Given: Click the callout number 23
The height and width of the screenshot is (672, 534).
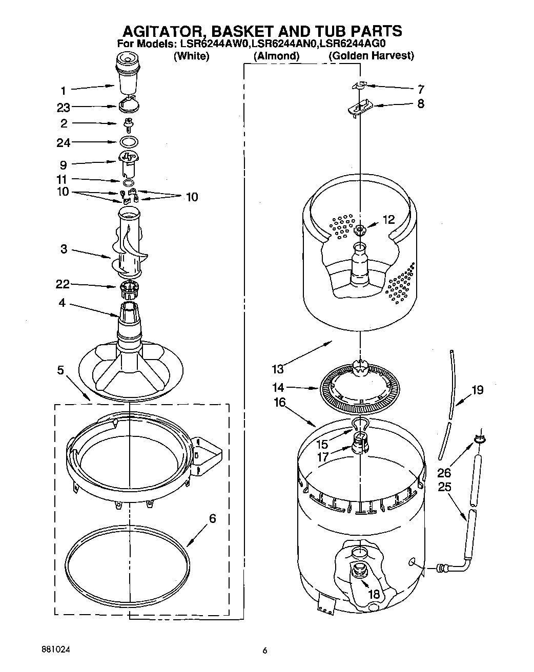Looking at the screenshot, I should point(64,108).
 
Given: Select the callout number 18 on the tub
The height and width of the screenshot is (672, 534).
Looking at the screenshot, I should point(374,594).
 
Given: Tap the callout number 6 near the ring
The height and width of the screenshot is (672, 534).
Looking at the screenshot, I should point(212,518).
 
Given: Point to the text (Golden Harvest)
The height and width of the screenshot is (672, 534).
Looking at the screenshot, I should point(371,56).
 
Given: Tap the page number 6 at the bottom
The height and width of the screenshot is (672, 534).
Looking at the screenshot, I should point(265,651).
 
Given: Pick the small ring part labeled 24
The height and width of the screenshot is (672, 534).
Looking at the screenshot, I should point(129,142).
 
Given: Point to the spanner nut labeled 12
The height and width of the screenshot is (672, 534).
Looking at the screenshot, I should point(360,229).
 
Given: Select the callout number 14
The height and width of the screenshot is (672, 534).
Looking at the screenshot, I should point(278,388).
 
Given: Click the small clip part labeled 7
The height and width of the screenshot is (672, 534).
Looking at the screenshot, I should point(361,85).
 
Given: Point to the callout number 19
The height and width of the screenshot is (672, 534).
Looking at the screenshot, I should point(477,390).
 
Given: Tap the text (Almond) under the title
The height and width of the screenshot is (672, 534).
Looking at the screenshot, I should point(276,56).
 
